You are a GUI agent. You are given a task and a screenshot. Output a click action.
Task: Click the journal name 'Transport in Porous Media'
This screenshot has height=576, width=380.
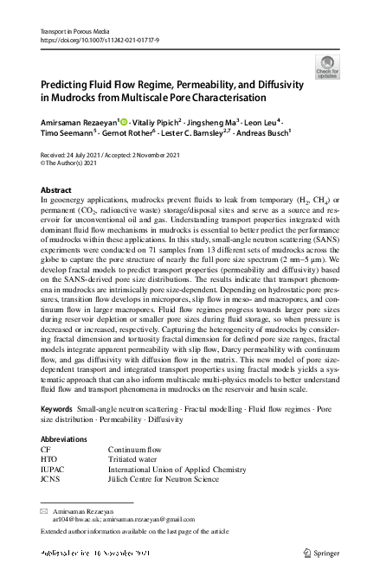73,30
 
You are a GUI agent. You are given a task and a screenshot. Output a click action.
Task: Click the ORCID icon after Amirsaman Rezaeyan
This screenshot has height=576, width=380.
123,123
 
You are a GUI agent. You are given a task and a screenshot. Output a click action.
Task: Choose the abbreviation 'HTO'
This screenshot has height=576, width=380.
49,459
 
